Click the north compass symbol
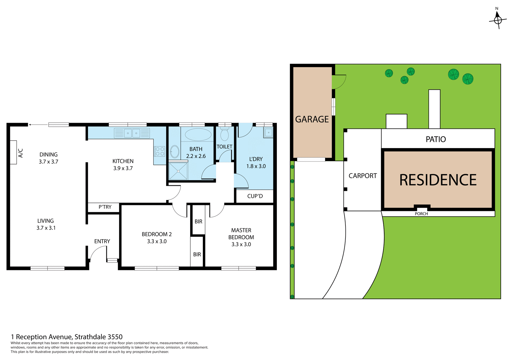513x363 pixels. click(x=498, y=20)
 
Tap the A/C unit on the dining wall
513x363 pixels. click(x=13, y=152)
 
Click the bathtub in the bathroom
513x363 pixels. click(x=198, y=135)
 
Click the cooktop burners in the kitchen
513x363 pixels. click(x=160, y=152)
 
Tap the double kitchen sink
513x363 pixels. click(x=132, y=133)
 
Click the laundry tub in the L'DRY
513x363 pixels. click(x=268, y=133)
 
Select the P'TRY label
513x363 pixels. click(x=105, y=207)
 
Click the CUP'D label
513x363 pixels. click(x=255, y=196)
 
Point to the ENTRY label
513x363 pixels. click(x=102, y=241)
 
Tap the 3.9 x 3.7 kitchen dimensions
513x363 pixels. click(x=123, y=168)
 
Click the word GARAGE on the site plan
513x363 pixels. click(x=312, y=119)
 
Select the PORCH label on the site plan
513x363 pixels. click(x=421, y=214)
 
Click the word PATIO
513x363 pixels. click(x=436, y=139)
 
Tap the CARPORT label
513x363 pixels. click(x=363, y=176)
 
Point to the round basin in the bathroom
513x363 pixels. click(x=175, y=152)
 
